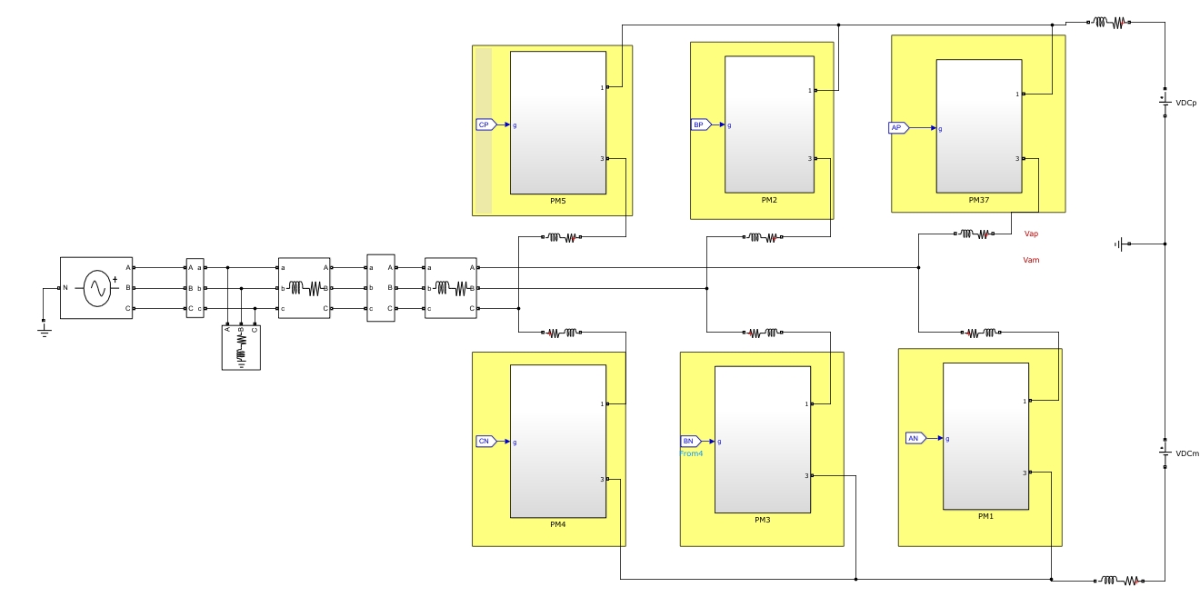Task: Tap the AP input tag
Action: [896, 128]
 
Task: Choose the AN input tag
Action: [915, 438]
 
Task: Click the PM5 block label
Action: [558, 201]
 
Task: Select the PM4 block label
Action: [558, 524]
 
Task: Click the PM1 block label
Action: [986, 516]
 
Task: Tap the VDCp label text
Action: [1186, 104]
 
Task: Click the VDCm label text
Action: [1187, 453]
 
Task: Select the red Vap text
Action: [1031, 234]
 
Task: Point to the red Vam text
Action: [1031, 260]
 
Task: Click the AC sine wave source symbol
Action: [96, 288]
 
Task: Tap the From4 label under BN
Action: [692, 453]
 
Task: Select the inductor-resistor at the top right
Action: [1110, 22]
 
